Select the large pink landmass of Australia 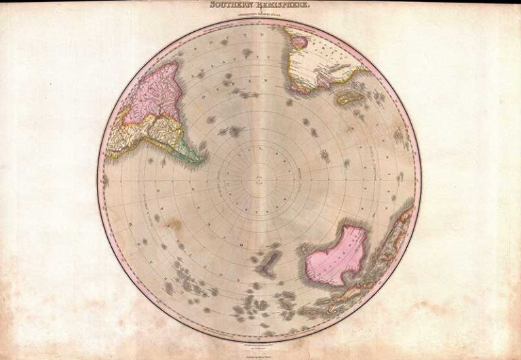pyautogui.click(x=336, y=255)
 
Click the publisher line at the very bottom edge pyautogui.click(x=260, y=352)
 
